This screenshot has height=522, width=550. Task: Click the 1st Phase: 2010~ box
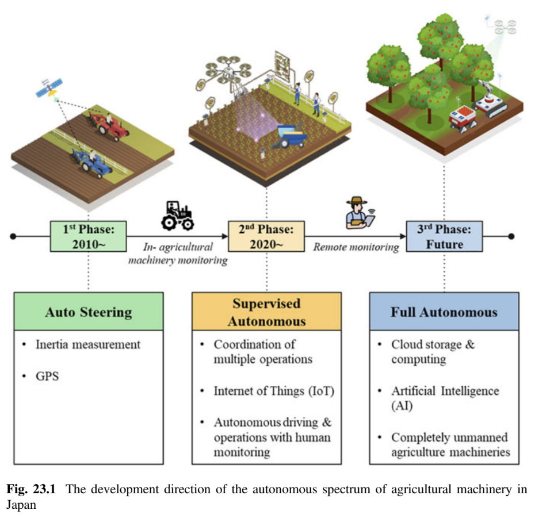click(89, 236)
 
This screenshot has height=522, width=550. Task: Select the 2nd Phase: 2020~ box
click(266, 236)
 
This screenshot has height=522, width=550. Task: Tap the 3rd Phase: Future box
click(444, 236)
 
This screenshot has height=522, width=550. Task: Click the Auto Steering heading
click(89, 312)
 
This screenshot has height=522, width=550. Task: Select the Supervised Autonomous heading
click(266, 312)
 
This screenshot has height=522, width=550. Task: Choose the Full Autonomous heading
click(444, 312)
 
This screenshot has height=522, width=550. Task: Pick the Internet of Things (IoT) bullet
click(274, 391)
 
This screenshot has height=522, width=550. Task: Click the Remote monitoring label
click(356, 247)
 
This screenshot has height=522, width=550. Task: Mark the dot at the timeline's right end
click(511, 236)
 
